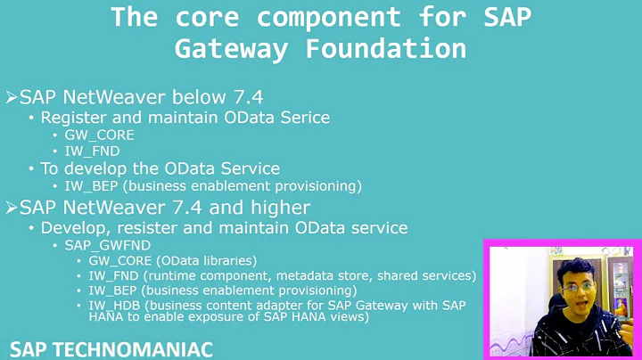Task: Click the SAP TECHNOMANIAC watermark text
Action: (111, 348)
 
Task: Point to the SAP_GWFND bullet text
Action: (106, 244)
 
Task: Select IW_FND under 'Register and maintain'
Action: (91, 151)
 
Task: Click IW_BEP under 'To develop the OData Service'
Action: (91, 185)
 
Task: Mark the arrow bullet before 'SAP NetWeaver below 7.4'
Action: (11, 96)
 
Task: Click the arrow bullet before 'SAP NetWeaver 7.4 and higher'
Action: (11, 209)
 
